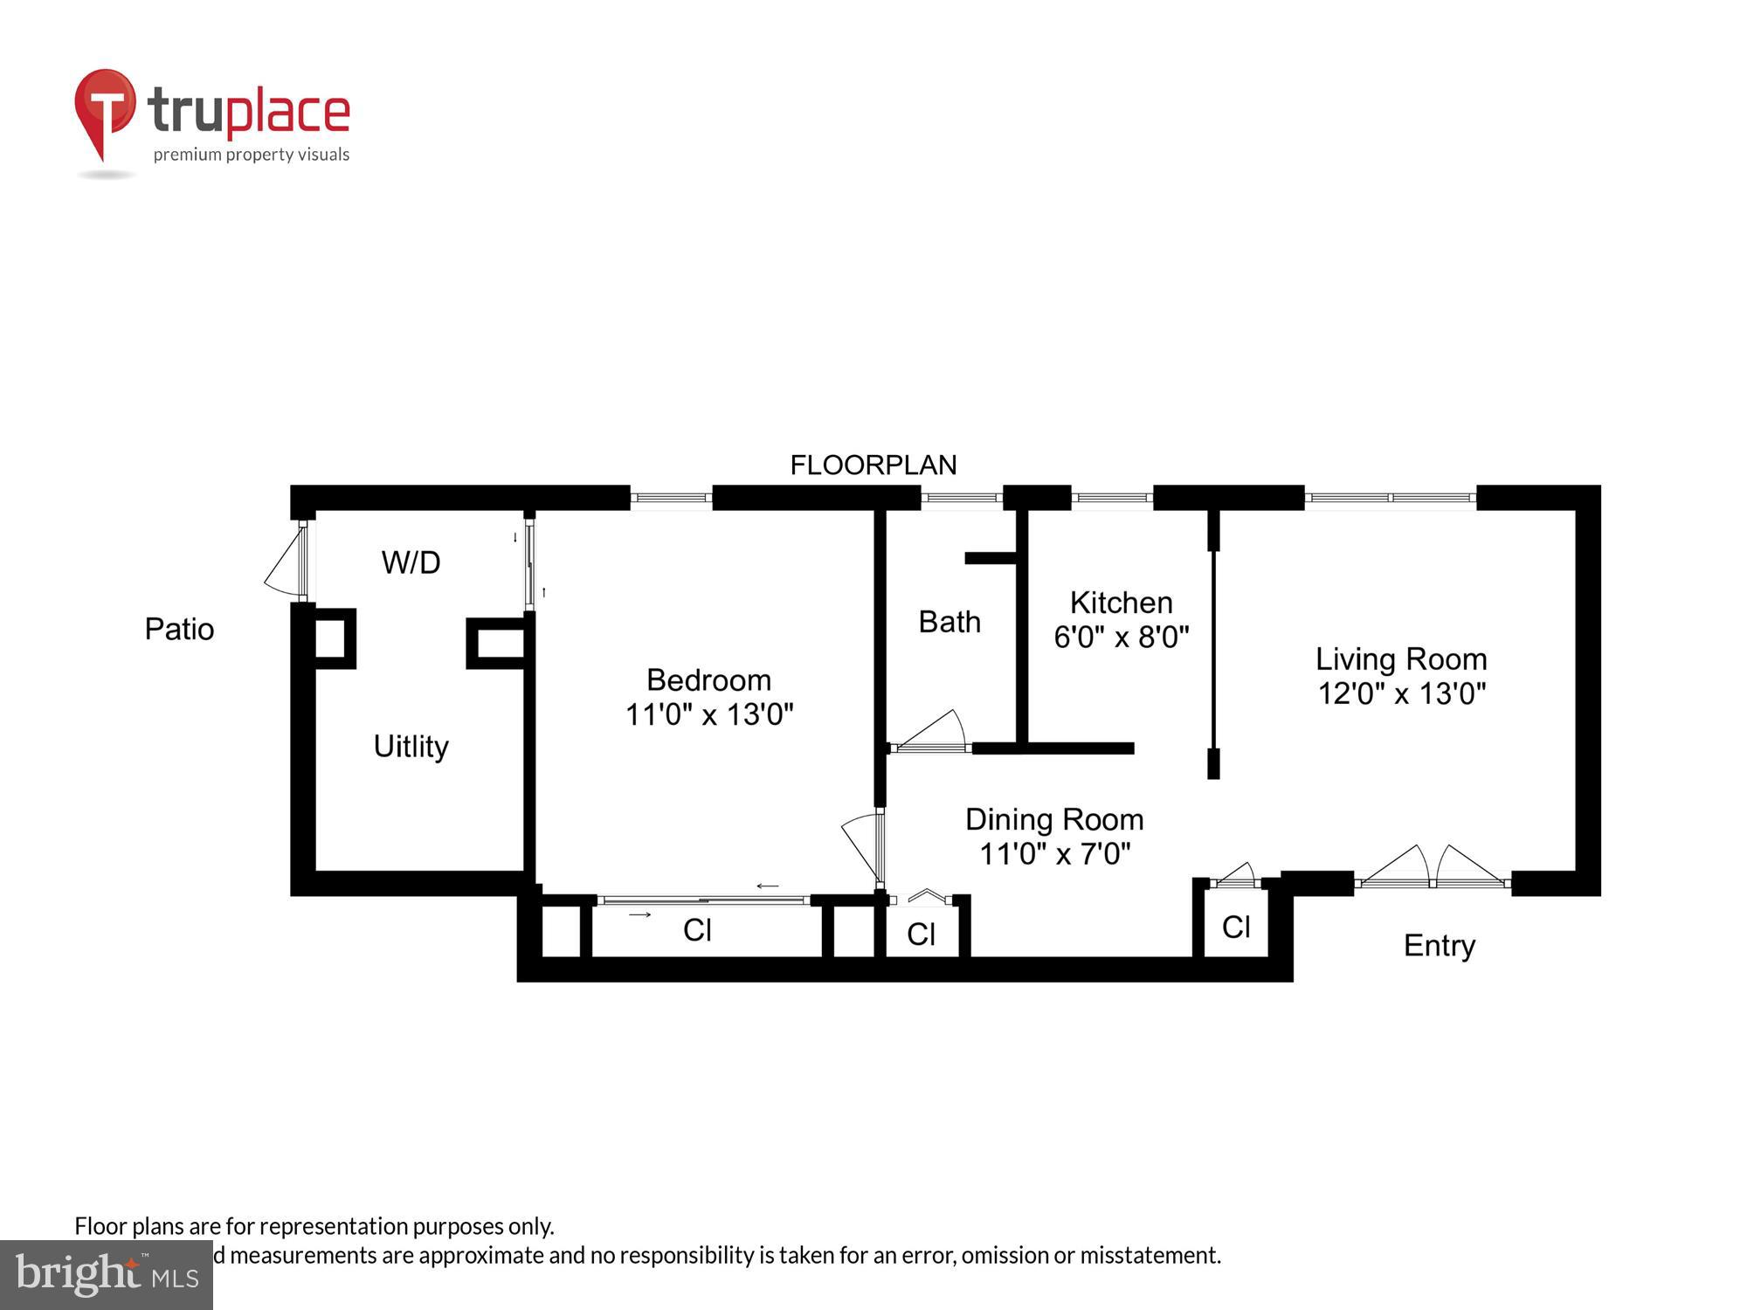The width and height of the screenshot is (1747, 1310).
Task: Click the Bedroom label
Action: pos(708,680)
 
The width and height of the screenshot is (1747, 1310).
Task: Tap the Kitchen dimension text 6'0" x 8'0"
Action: pos(1121,638)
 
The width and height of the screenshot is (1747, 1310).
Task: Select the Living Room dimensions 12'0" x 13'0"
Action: pos(1401,693)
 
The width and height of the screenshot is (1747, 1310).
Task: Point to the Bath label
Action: pos(949,622)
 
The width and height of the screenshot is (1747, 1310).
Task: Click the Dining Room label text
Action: pos(1054,819)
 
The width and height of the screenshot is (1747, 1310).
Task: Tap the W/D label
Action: pos(411,562)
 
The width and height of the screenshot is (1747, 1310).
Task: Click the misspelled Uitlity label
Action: pos(411,747)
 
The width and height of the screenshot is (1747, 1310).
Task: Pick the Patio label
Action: pos(179,629)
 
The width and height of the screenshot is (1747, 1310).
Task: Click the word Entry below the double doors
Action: pos(1439,945)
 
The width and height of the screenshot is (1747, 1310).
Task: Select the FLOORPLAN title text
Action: pos(873,465)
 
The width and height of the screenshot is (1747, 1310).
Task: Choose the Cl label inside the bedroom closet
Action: pos(697,930)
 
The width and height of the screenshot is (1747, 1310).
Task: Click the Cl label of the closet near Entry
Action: pos(1235,927)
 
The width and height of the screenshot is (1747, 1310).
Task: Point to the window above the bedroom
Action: pos(671,498)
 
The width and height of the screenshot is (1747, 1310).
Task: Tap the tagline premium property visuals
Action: pos(252,155)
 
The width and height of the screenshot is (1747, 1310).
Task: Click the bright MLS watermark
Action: pos(107,1275)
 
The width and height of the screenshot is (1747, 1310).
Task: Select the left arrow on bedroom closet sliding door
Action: pos(767,886)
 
